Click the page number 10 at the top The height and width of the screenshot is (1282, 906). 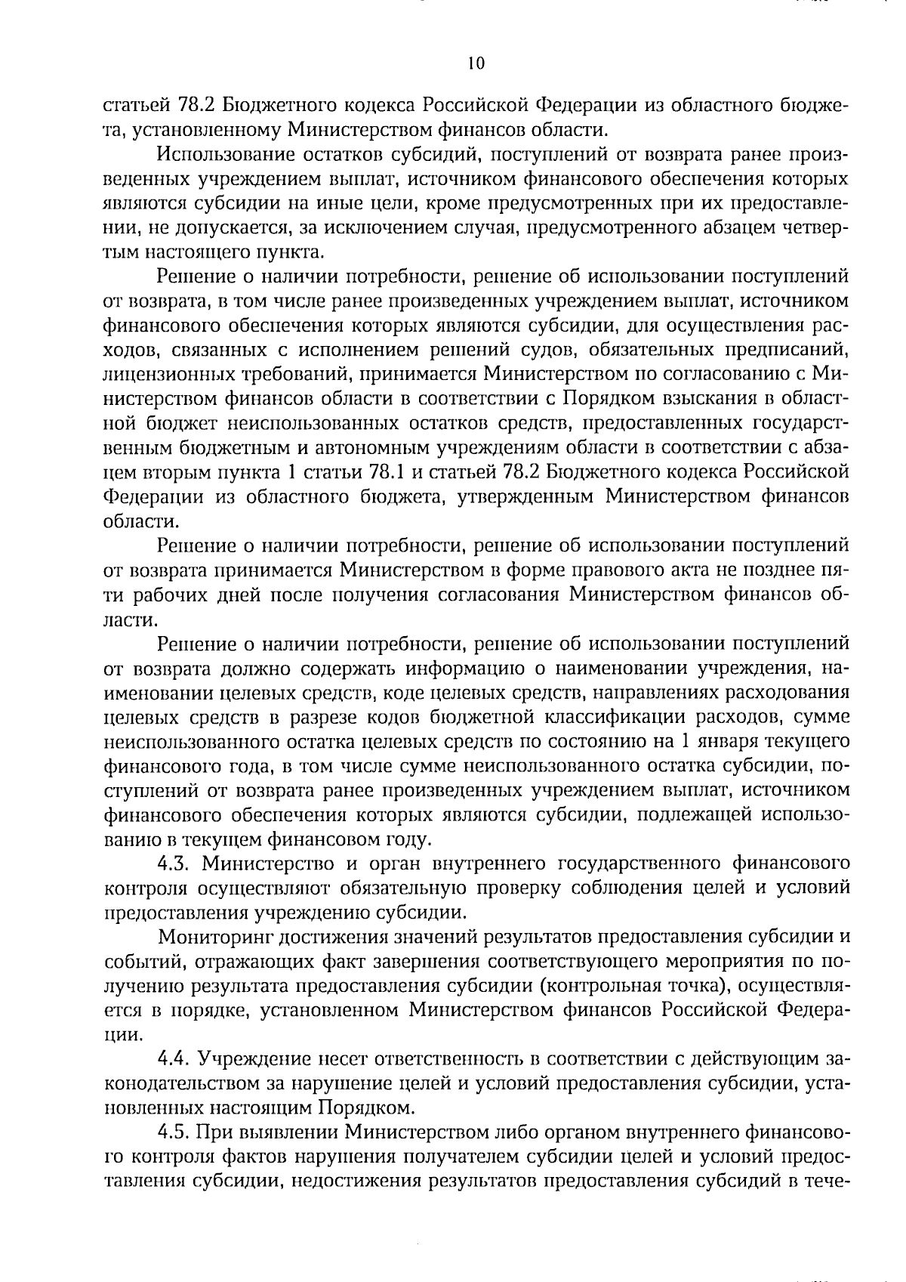click(475, 63)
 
